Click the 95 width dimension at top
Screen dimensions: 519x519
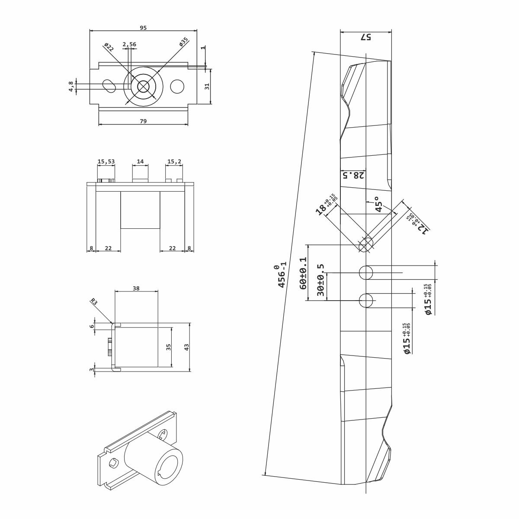click(143, 28)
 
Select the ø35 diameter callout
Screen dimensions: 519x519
click(184, 42)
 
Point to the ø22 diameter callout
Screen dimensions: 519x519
click(109, 47)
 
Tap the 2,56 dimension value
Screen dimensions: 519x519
click(129, 44)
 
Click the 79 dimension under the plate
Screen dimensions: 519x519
click(143, 121)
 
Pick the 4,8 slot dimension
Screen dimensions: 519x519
click(71, 86)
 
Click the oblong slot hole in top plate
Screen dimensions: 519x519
click(109, 86)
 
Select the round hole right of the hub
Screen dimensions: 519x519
click(177, 86)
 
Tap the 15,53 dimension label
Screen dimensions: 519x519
click(106, 161)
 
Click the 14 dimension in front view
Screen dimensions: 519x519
click(140, 161)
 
